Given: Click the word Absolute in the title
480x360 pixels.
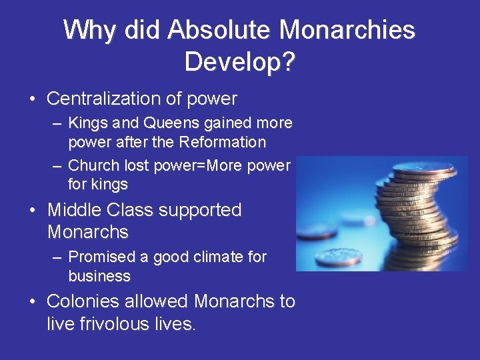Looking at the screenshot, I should pos(219,30).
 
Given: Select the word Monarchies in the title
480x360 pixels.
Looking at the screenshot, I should pos(347,30).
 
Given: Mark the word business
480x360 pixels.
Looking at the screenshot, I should pos(99,275).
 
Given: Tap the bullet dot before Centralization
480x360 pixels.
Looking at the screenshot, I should pos(33,100).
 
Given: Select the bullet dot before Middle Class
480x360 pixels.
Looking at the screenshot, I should pos(33,211).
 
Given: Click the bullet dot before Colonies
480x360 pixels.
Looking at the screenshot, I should pos(33,302).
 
